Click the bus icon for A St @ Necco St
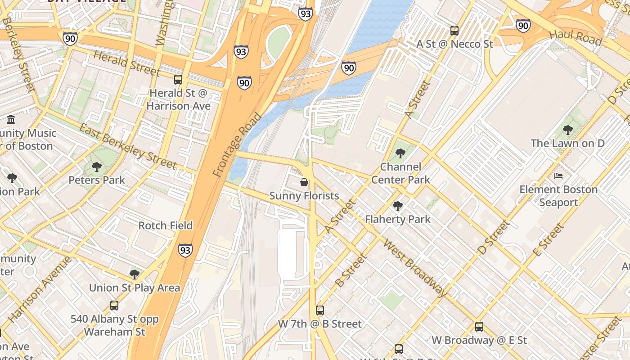coord(454,31)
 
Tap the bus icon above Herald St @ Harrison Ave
coord(178,80)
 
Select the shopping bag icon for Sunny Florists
coord(304,182)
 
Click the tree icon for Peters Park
coord(96,167)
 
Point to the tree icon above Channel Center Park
coord(400,153)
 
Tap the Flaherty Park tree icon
coord(397,206)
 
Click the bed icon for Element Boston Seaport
coord(558,176)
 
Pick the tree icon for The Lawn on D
coord(567,130)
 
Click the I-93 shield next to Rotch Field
coord(185,250)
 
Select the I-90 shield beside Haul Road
coord(523,26)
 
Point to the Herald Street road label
coord(126,63)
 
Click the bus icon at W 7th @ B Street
coord(319,310)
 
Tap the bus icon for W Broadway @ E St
coord(479,327)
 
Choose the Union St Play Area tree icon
coord(134,274)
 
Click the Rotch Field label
coord(165,225)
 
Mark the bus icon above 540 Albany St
coord(114,306)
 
